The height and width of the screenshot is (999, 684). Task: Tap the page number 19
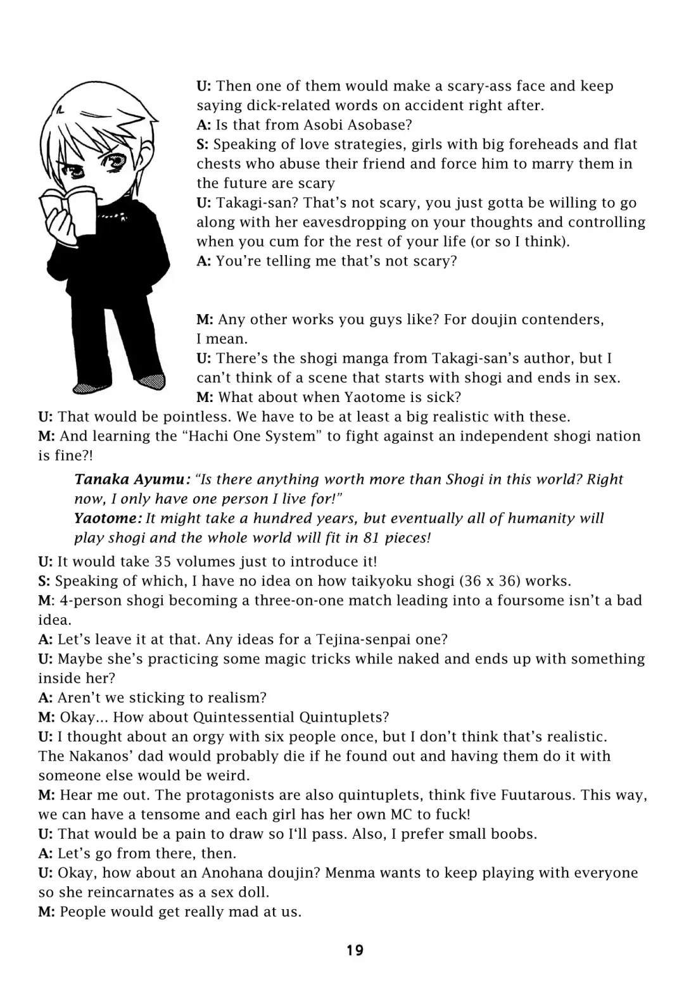pyautogui.click(x=355, y=950)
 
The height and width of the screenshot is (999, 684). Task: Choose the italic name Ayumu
pyautogui.click(x=157, y=479)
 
